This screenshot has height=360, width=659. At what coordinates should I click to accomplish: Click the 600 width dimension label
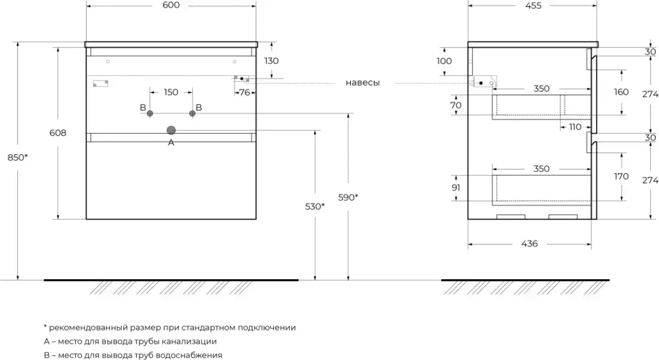tap(171, 6)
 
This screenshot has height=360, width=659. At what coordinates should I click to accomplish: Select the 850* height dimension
tap(18, 157)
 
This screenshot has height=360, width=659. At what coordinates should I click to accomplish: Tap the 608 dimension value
tap(58, 133)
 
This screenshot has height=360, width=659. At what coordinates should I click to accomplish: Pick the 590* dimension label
tap(348, 197)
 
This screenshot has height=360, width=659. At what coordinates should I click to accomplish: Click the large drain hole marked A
tap(171, 131)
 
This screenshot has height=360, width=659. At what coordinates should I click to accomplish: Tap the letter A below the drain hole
tap(171, 143)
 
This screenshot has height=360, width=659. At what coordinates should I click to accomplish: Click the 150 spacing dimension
tap(171, 92)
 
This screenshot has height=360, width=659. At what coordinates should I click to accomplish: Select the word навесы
tap(363, 83)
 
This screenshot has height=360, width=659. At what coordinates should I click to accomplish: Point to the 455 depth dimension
tap(533, 6)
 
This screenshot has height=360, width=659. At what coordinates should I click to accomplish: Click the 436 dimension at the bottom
tap(530, 244)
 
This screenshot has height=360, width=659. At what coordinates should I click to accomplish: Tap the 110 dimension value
tap(575, 127)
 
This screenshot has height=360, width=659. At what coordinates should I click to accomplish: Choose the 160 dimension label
tap(621, 92)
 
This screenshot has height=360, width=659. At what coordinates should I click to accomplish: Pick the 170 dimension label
tap(621, 177)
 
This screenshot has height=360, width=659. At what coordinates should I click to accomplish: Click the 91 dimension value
tap(456, 187)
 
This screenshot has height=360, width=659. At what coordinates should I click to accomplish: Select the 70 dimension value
tap(456, 105)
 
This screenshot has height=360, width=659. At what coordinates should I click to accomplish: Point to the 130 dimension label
tap(271, 61)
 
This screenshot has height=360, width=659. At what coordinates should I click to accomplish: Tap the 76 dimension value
tap(244, 92)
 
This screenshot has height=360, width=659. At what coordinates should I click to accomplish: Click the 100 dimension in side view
tap(444, 61)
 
